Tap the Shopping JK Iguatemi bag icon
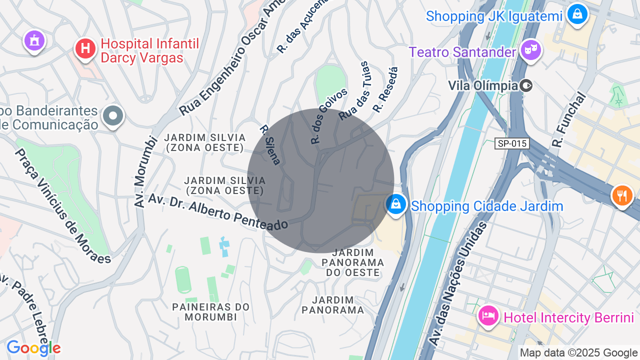[577, 14]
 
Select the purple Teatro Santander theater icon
[530, 50]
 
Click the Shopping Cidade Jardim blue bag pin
[396, 204]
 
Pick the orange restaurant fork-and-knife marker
[622, 195]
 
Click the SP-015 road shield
[512, 144]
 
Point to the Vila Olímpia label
[483, 85]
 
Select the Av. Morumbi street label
[143, 170]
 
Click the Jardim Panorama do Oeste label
[353, 262]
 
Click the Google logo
[33, 348]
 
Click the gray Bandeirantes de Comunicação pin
[113, 116]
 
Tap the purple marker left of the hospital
[34, 40]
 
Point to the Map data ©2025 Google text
[578, 353]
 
